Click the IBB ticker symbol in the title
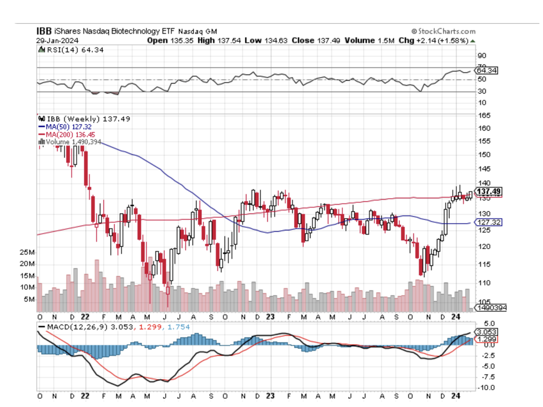(x=44, y=32)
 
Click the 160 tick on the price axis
(x=485, y=128)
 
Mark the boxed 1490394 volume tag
(x=491, y=308)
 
